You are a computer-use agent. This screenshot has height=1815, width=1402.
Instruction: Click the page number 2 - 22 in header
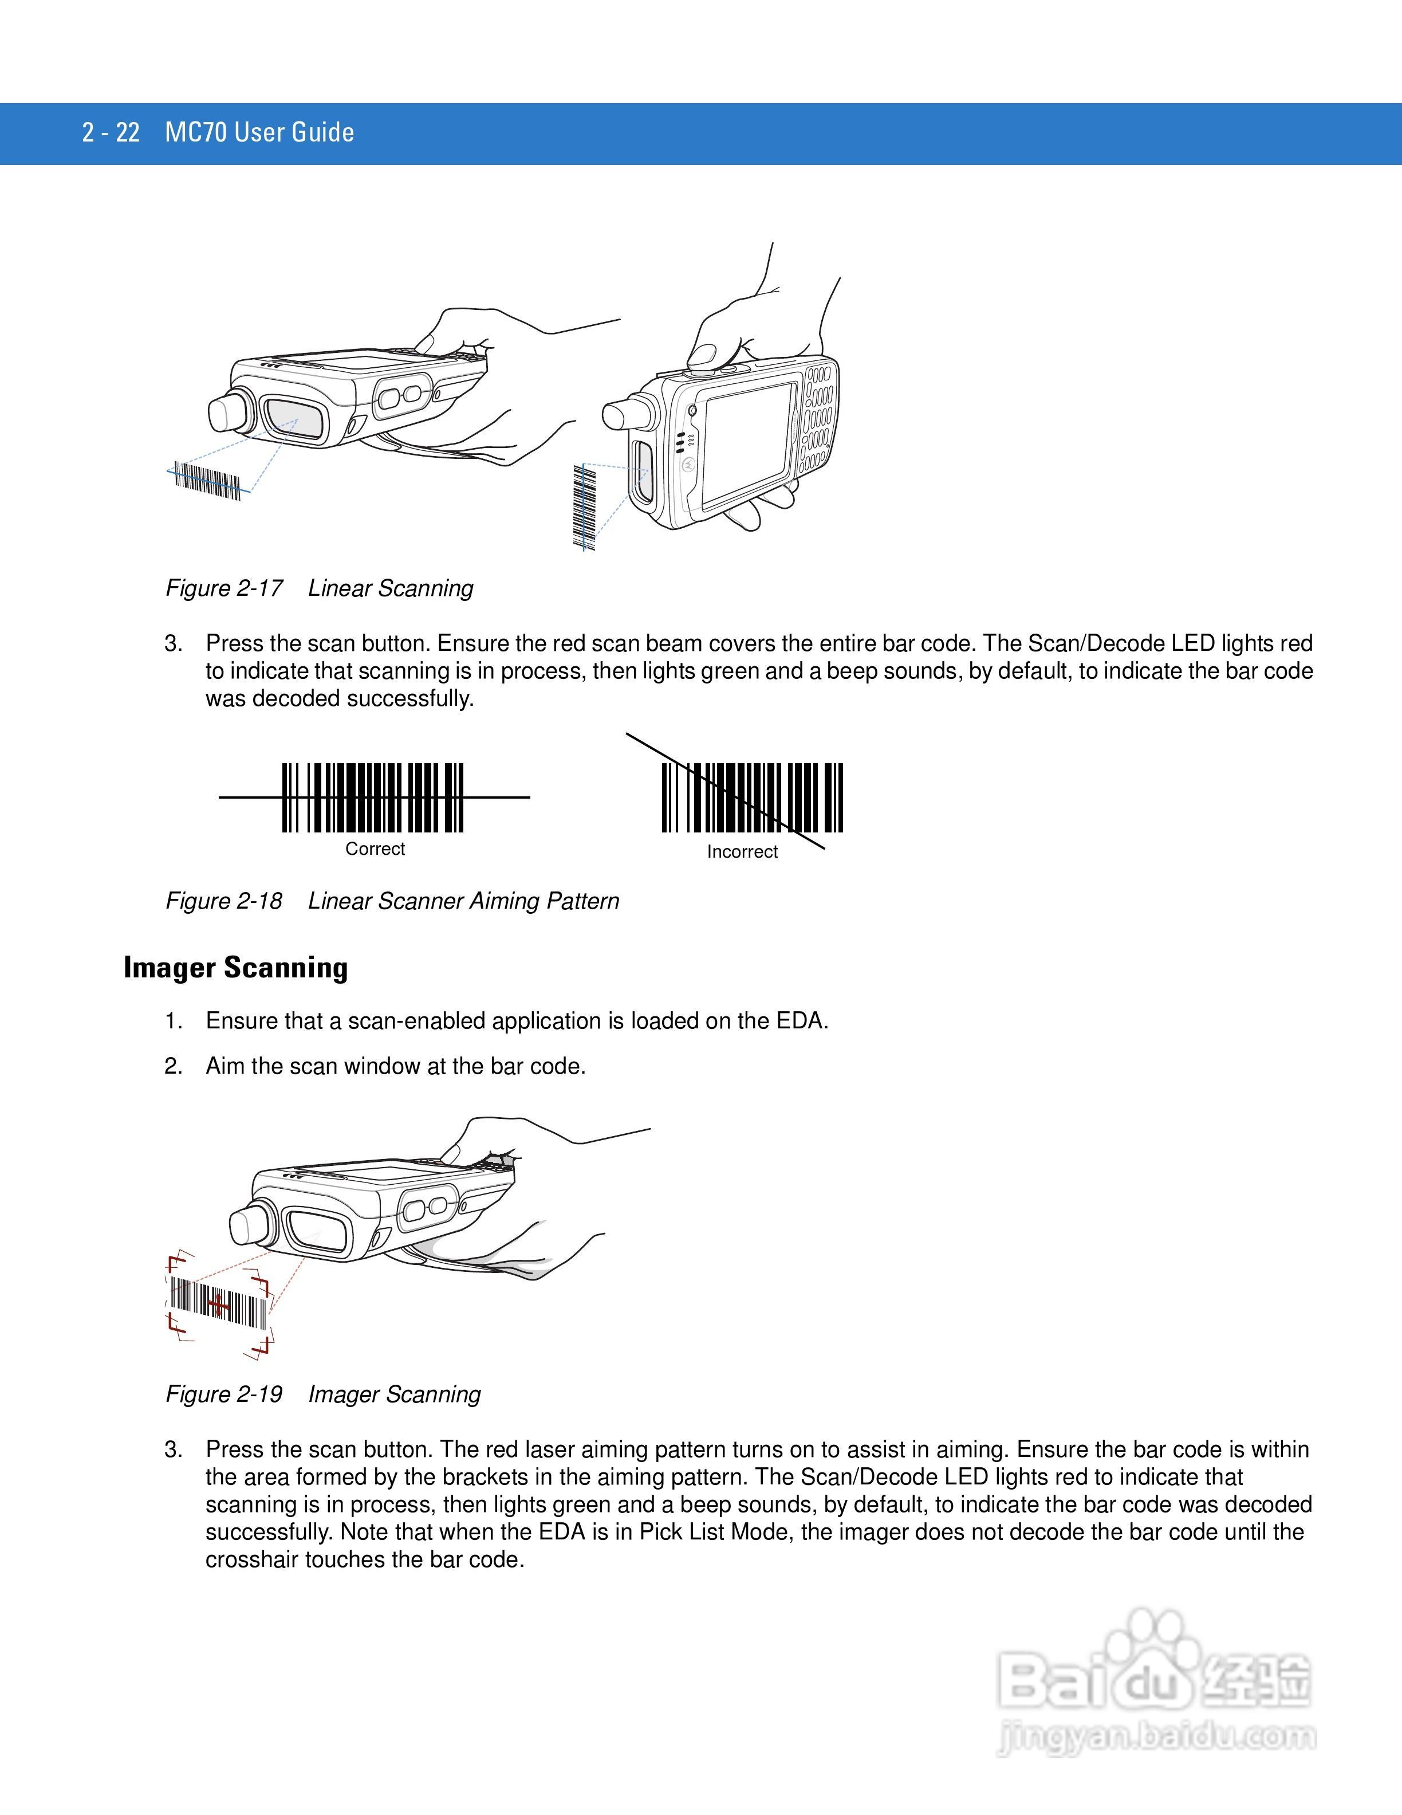[x=111, y=133]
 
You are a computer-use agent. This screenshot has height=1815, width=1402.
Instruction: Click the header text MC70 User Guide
[x=259, y=133]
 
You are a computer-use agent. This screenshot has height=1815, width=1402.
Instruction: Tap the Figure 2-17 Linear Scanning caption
[x=319, y=588]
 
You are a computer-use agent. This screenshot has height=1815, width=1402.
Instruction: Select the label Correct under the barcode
[x=375, y=848]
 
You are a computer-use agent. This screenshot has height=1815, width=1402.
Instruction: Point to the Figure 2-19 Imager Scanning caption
[x=323, y=1394]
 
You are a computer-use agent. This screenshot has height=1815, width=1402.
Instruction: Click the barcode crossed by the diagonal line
[x=751, y=798]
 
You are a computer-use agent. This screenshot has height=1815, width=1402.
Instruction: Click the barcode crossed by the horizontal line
[x=373, y=798]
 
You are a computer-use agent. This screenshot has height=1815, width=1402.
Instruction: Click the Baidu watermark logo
[x=1155, y=1679]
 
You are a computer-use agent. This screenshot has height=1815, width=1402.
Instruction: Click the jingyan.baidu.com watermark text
[x=1156, y=1739]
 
